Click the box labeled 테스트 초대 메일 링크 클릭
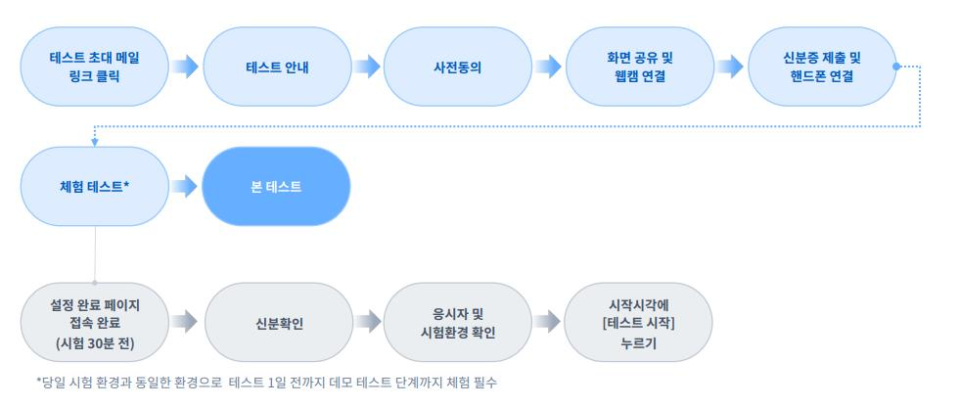tap(95, 67)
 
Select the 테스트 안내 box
tap(277, 67)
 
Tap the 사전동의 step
tap(459, 67)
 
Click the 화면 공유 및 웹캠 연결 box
tap(640, 67)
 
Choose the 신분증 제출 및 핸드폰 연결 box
tap(822, 67)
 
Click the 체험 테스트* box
tap(95, 186)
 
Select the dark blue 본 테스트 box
tap(277, 186)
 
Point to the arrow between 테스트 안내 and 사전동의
tap(367, 67)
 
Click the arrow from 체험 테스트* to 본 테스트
tap(185, 186)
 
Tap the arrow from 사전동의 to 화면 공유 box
tap(549, 67)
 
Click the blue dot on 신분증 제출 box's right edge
tap(896, 67)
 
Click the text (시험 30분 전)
tap(95, 342)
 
